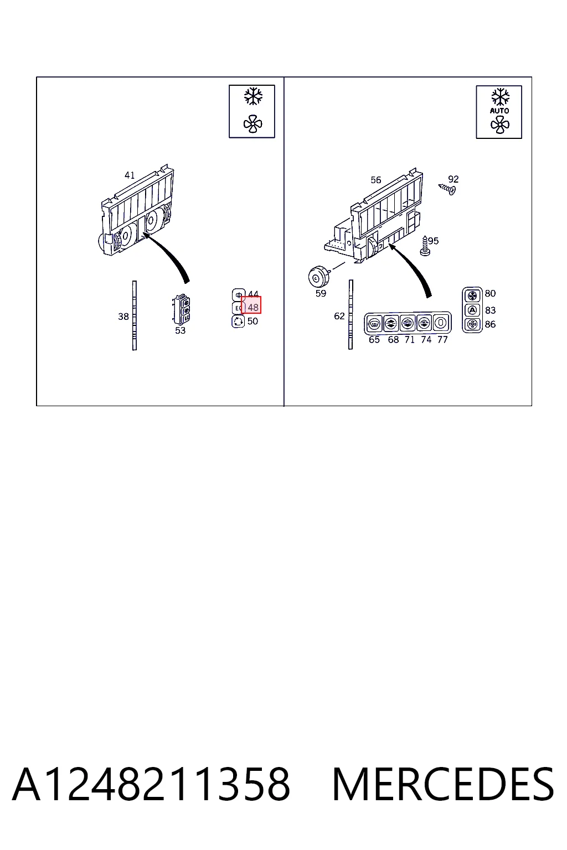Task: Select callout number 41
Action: (x=130, y=175)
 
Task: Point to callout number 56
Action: (x=375, y=180)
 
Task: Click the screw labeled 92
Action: (x=447, y=189)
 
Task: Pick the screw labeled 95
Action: (x=425, y=245)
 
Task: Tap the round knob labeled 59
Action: (x=318, y=277)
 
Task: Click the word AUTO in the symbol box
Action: (x=499, y=111)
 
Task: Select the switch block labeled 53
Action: (x=181, y=309)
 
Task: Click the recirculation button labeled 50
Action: (x=238, y=322)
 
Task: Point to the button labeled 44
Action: (x=238, y=295)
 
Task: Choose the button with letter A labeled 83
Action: (x=472, y=310)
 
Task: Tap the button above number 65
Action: (x=374, y=323)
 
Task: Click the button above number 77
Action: (x=441, y=323)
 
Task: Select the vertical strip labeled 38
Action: (x=135, y=315)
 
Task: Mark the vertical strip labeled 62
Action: (x=350, y=314)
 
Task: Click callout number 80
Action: (x=490, y=293)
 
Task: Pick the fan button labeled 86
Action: (x=472, y=324)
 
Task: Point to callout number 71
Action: (x=409, y=340)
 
